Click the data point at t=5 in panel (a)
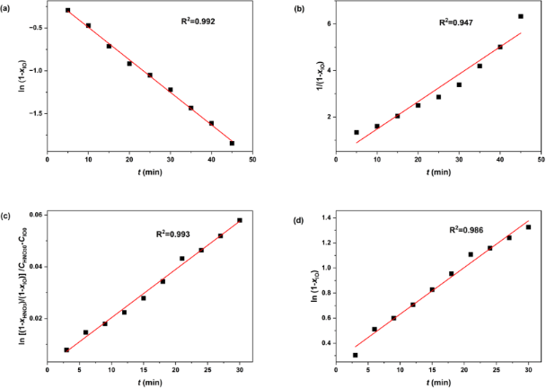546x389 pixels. click(x=68, y=10)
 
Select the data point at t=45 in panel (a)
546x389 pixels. click(x=232, y=143)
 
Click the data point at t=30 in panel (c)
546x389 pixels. click(x=240, y=220)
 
